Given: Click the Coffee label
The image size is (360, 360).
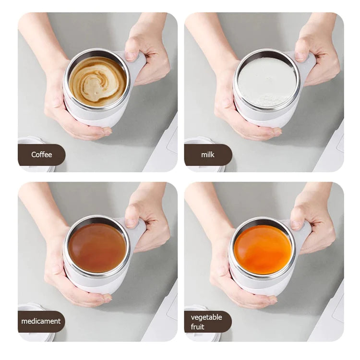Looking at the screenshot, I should pyautogui.click(x=41, y=155).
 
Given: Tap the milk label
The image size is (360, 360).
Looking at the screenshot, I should pyautogui.click(x=208, y=155).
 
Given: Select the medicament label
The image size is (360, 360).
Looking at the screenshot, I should pyautogui.click(x=41, y=321).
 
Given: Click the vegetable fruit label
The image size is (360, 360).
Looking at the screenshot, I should pyautogui.click(x=207, y=322).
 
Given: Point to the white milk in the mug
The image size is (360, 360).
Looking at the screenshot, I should pyautogui.click(x=267, y=82).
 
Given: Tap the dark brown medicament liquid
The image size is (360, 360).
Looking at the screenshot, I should pyautogui.click(x=97, y=248).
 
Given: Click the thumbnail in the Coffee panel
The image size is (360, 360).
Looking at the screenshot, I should pyautogui.click(x=131, y=56).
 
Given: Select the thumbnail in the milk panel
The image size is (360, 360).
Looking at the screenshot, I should pyautogui.click(x=300, y=56).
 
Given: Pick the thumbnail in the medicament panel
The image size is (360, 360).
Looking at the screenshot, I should pyautogui.click(x=131, y=223).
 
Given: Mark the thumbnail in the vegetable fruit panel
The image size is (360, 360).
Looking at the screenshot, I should pyautogui.click(x=297, y=224).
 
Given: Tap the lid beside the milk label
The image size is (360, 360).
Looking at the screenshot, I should pyautogui.click(x=197, y=141).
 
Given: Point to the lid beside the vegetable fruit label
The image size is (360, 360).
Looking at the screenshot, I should pyautogui.click(x=196, y=307).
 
